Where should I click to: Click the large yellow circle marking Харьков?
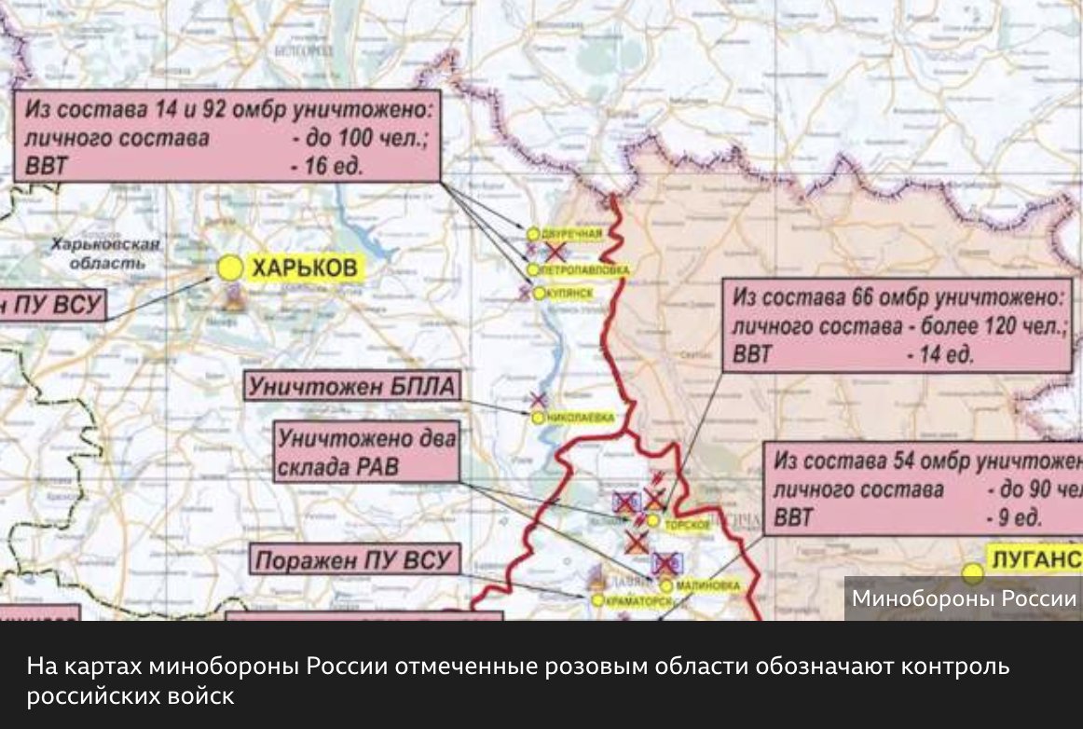coord(229,268)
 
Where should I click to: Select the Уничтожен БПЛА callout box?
coord(353,386)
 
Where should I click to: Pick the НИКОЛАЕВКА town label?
coord(580,419)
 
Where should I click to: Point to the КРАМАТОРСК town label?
coord(640,602)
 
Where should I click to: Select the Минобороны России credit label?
coord(964,598)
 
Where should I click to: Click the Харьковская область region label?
coord(105,253)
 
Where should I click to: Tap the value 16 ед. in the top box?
coord(325,167)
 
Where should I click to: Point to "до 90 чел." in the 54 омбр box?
coord(1034,489)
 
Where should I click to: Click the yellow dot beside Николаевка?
coord(537,419)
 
